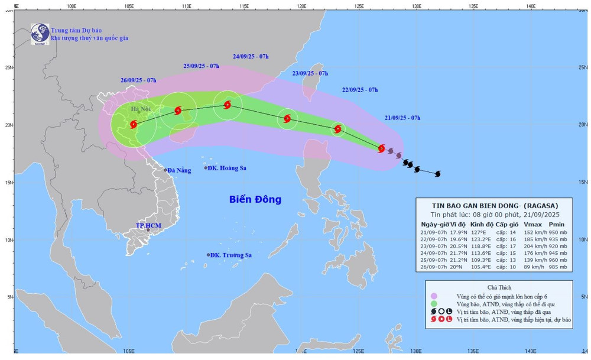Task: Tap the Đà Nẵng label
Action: (x=178, y=170)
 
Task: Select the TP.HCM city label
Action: (x=148, y=225)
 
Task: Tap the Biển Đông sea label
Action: (x=255, y=199)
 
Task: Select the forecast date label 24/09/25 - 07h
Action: (x=251, y=57)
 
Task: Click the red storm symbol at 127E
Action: (x=381, y=148)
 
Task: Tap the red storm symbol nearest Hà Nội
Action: (x=134, y=124)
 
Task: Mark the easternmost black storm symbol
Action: (x=438, y=174)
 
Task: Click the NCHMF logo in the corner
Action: (x=40, y=33)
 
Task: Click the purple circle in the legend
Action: (x=434, y=296)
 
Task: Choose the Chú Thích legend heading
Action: (x=499, y=287)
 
